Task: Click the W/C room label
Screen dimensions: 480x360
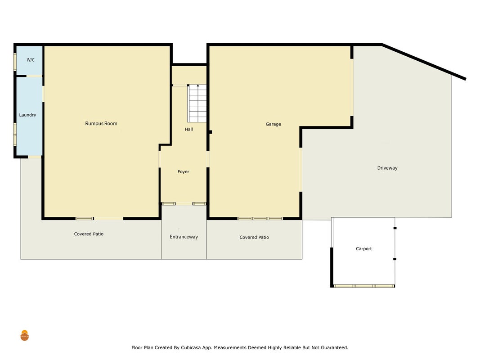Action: click(31, 60)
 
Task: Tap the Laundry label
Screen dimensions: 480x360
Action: click(27, 115)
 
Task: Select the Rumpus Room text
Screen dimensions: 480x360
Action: click(101, 123)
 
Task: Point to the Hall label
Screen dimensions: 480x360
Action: click(189, 129)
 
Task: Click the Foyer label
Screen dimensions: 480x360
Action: click(184, 172)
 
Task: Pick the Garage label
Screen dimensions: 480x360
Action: click(274, 124)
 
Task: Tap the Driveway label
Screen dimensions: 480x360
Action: click(387, 168)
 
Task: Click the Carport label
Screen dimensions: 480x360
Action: click(363, 248)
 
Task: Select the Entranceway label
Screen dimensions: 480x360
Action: click(184, 237)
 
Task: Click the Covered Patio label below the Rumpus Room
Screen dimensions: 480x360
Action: click(89, 234)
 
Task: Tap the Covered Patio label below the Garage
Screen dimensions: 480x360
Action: click(254, 237)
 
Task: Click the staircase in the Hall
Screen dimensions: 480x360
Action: click(197, 103)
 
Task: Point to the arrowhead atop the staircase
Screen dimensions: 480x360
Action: click(198, 85)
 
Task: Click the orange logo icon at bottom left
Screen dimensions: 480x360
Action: click(24, 336)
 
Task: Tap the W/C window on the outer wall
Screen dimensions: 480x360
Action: click(15, 62)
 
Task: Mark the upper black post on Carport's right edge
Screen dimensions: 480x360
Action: click(395, 228)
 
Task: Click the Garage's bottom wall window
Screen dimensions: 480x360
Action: click(260, 219)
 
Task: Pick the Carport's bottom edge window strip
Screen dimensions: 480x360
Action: click(364, 286)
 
